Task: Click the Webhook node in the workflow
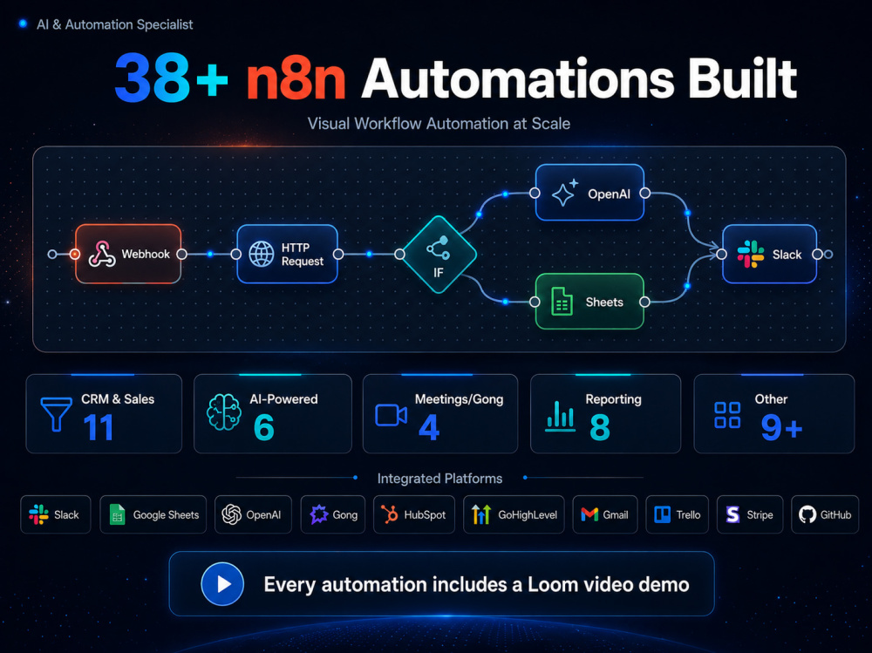click(x=128, y=255)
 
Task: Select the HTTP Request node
click(x=287, y=255)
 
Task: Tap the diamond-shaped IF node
click(x=439, y=255)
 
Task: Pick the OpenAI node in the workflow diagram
click(x=589, y=193)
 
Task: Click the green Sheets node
click(x=589, y=302)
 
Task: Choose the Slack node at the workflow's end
click(x=769, y=255)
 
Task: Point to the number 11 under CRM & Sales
click(x=99, y=428)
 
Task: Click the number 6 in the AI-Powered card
click(x=263, y=428)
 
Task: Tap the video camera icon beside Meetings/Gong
click(x=391, y=415)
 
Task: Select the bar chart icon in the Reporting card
click(x=560, y=416)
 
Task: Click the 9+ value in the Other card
click(x=781, y=428)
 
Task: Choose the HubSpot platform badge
click(x=413, y=514)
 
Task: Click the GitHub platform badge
click(x=825, y=514)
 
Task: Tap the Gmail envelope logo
click(x=589, y=514)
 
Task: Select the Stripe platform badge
click(x=750, y=514)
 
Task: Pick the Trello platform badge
click(x=677, y=514)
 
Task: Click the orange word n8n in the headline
click(x=296, y=80)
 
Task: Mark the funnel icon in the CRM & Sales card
click(x=56, y=414)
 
